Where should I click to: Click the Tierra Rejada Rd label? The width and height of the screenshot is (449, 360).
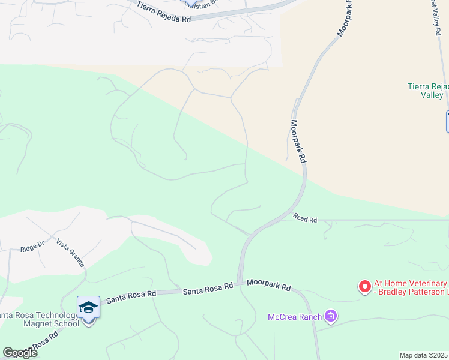[163, 12]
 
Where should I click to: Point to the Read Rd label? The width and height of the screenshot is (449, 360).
[305, 219]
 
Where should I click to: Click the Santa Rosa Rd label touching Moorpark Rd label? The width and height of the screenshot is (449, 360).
[208, 290]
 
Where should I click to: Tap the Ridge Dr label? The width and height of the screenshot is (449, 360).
[32, 247]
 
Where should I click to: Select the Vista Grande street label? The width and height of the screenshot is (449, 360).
[70, 253]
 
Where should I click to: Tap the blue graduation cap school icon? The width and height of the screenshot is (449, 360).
[89, 307]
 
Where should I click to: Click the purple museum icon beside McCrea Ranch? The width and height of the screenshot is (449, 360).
[330, 315]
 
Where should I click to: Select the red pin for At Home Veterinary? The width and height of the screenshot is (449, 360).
[364, 287]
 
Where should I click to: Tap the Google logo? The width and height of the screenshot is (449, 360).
[19, 353]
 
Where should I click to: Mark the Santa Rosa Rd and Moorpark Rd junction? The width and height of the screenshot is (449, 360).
[240, 284]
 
